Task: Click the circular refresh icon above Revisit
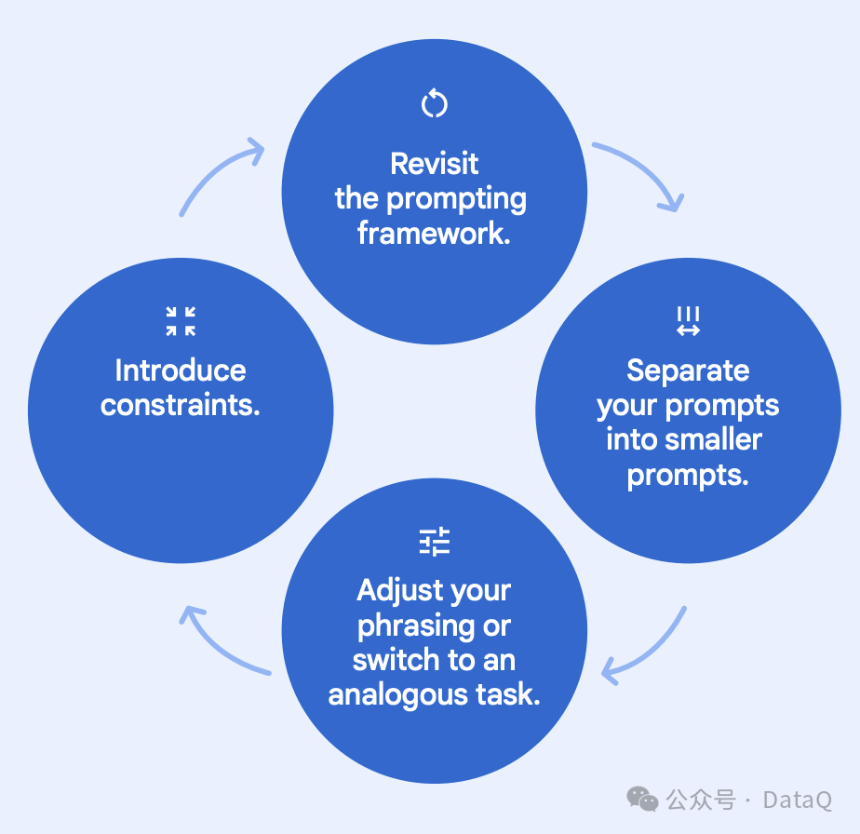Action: pyautogui.click(x=435, y=103)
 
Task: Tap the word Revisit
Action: pyautogui.click(x=435, y=164)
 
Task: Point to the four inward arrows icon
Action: pyautogui.click(x=181, y=321)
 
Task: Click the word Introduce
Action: pyautogui.click(x=181, y=370)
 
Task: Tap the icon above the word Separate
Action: pyautogui.click(x=688, y=321)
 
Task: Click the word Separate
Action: pyautogui.click(x=688, y=370)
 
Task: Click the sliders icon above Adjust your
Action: pyautogui.click(x=435, y=542)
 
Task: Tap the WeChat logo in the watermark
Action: pyautogui.click(x=642, y=799)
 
